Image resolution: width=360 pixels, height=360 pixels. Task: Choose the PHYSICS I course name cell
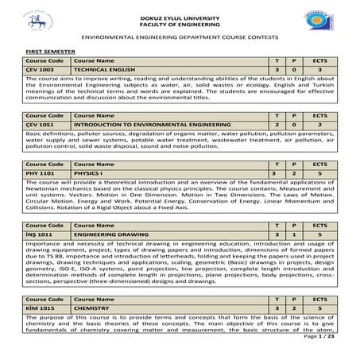(x=87, y=173)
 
